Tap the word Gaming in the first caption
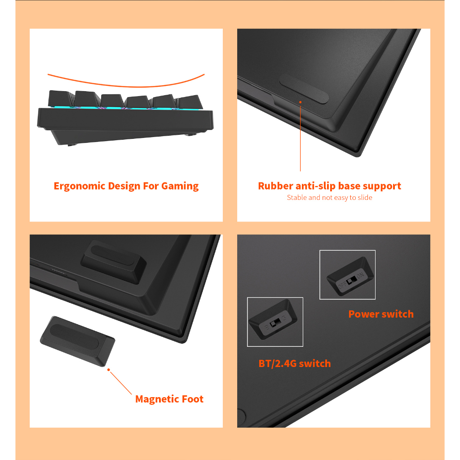point(180,186)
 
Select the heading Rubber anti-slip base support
point(329,186)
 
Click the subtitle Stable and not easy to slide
point(329,198)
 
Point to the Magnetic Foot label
point(169,399)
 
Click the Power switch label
point(381,314)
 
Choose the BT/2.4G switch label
point(295,363)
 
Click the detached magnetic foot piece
point(77,341)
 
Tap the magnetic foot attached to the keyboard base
point(114,262)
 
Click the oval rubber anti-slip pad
point(304,88)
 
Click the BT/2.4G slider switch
point(275,323)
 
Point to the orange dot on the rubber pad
point(300,102)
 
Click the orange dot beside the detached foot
point(109,370)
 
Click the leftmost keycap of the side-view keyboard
point(61,98)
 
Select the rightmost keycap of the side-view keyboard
point(190,102)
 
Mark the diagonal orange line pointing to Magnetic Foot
point(121,383)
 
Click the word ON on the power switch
point(360,276)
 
